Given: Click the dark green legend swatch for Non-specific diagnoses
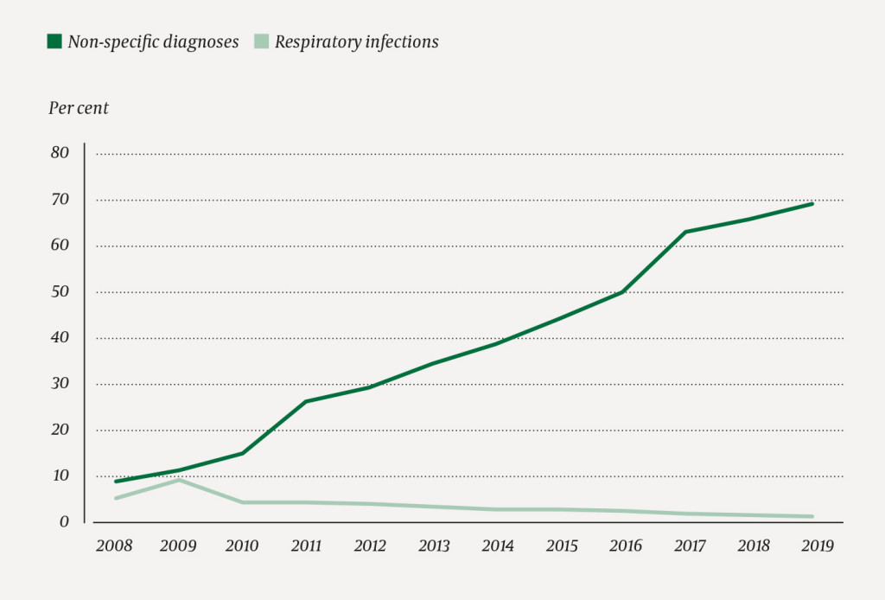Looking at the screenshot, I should (x=54, y=41).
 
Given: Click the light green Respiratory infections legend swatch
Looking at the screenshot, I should (x=261, y=41).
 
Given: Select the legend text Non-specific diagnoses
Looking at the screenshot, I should (x=153, y=41).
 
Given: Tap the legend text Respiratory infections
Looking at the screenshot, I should (x=356, y=41).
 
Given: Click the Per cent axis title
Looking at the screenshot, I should (x=78, y=108).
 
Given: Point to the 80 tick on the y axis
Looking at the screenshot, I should (x=60, y=154).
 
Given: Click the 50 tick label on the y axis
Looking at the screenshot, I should (x=60, y=292).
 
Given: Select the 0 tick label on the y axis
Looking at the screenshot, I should (x=64, y=522).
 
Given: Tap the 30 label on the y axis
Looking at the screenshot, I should (x=60, y=384).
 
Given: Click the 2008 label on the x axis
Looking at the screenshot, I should (x=115, y=546).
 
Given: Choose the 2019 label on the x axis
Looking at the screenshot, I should (x=812, y=546).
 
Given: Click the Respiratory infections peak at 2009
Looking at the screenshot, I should (x=179, y=479).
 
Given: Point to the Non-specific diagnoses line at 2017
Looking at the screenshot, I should (x=685, y=232).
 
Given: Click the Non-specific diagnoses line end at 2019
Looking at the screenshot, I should (x=812, y=203).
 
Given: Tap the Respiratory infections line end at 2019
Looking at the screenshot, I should (x=812, y=517).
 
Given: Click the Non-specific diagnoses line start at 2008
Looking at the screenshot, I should (x=115, y=481).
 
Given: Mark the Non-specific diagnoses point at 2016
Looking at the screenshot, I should (x=622, y=292).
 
